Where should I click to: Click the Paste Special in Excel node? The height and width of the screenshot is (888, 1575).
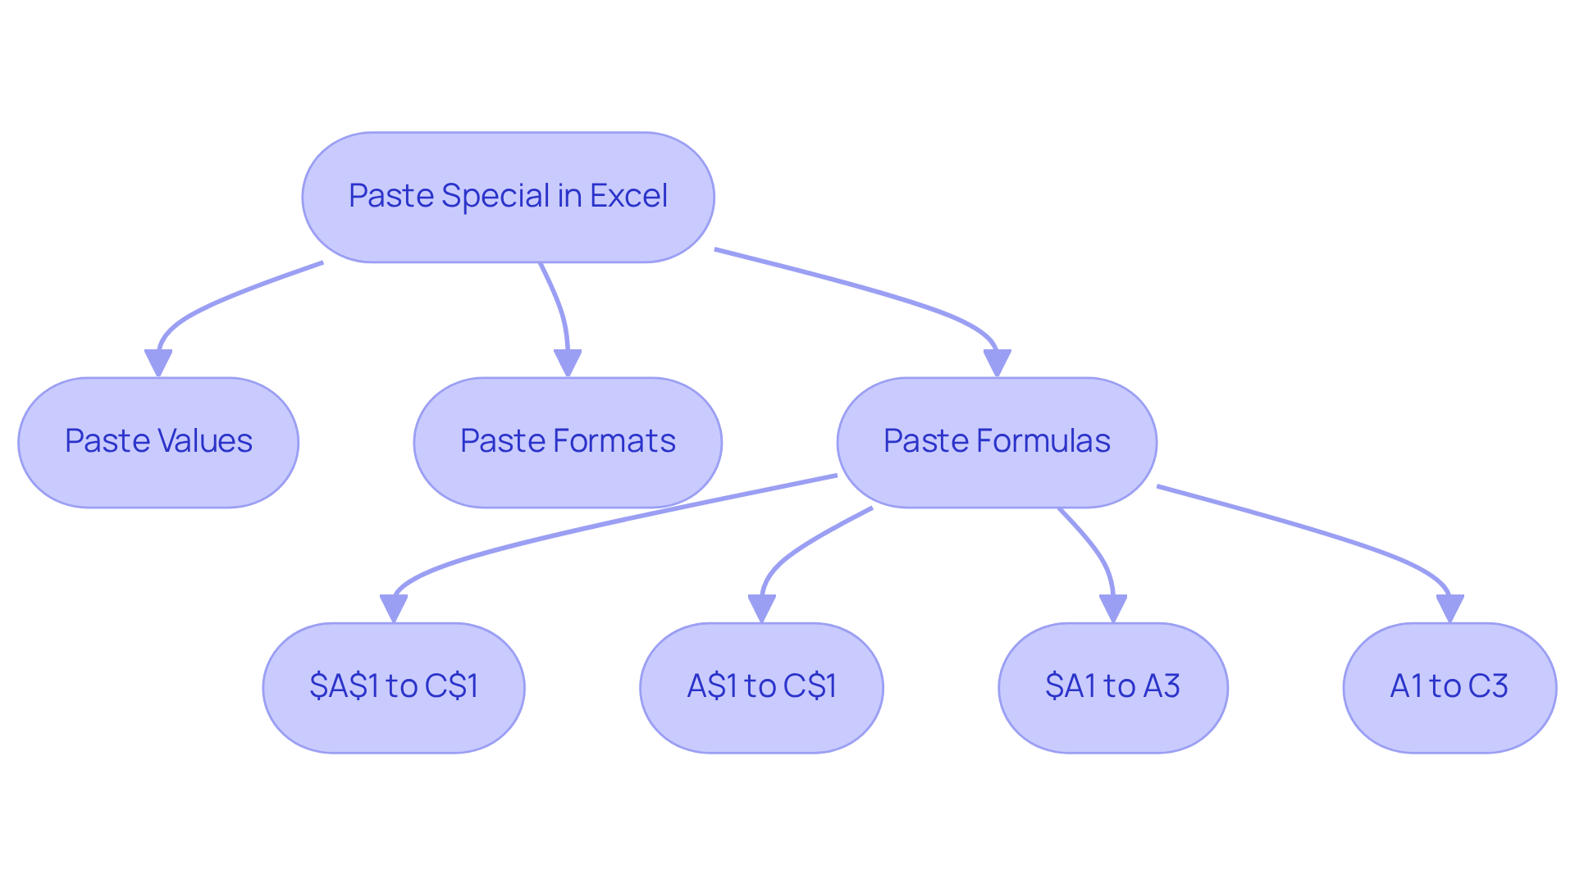point(508,197)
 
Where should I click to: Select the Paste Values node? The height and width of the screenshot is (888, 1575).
point(158,442)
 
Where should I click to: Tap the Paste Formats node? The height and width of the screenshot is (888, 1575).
point(568,442)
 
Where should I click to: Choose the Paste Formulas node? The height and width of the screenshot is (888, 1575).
point(997,442)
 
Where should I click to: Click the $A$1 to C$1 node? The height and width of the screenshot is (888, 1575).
point(394,687)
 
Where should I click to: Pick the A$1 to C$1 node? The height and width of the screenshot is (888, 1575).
point(761,687)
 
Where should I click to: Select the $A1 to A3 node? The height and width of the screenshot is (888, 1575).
point(1112,687)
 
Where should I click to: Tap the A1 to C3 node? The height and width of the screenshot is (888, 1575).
point(1449,687)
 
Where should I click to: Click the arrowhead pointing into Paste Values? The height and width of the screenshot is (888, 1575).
point(158,362)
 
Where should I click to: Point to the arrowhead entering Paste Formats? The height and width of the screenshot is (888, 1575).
point(568,362)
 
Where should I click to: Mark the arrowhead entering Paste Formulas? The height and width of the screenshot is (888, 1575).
point(997,362)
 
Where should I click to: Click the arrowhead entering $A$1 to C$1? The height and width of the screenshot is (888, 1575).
point(394,608)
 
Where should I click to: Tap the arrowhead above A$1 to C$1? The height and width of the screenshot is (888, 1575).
point(761,608)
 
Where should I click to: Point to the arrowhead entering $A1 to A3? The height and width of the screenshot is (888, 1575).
point(1112,608)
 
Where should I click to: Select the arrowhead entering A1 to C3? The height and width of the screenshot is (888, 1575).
point(1449,608)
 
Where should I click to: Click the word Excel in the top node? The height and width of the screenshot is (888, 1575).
point(628,196)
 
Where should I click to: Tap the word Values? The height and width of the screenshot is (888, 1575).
point(205,441)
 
